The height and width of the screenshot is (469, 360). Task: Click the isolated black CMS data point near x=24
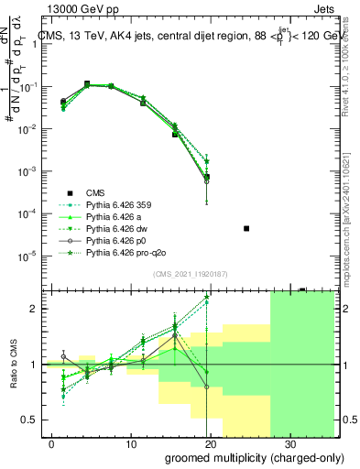click(245, 228)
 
